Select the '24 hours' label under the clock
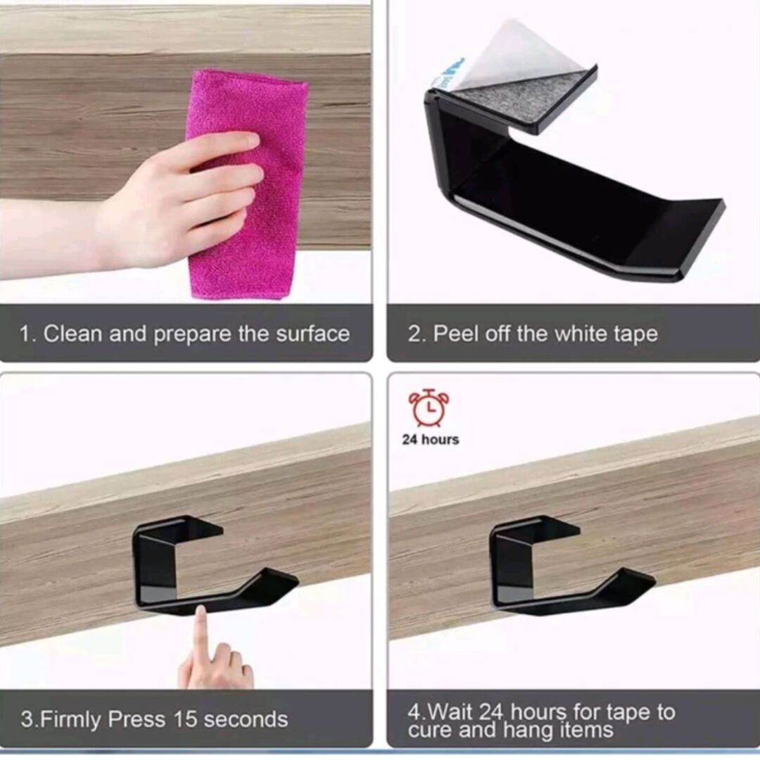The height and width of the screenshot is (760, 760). [x=431, y=440]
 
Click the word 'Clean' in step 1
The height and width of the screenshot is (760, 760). [x=73, y=334]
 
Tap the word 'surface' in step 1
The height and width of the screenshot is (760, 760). [x=313, y=334]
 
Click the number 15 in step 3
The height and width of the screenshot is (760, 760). [x=186, y=719]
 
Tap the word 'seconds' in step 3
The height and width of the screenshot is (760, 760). [x=246, y=720]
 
